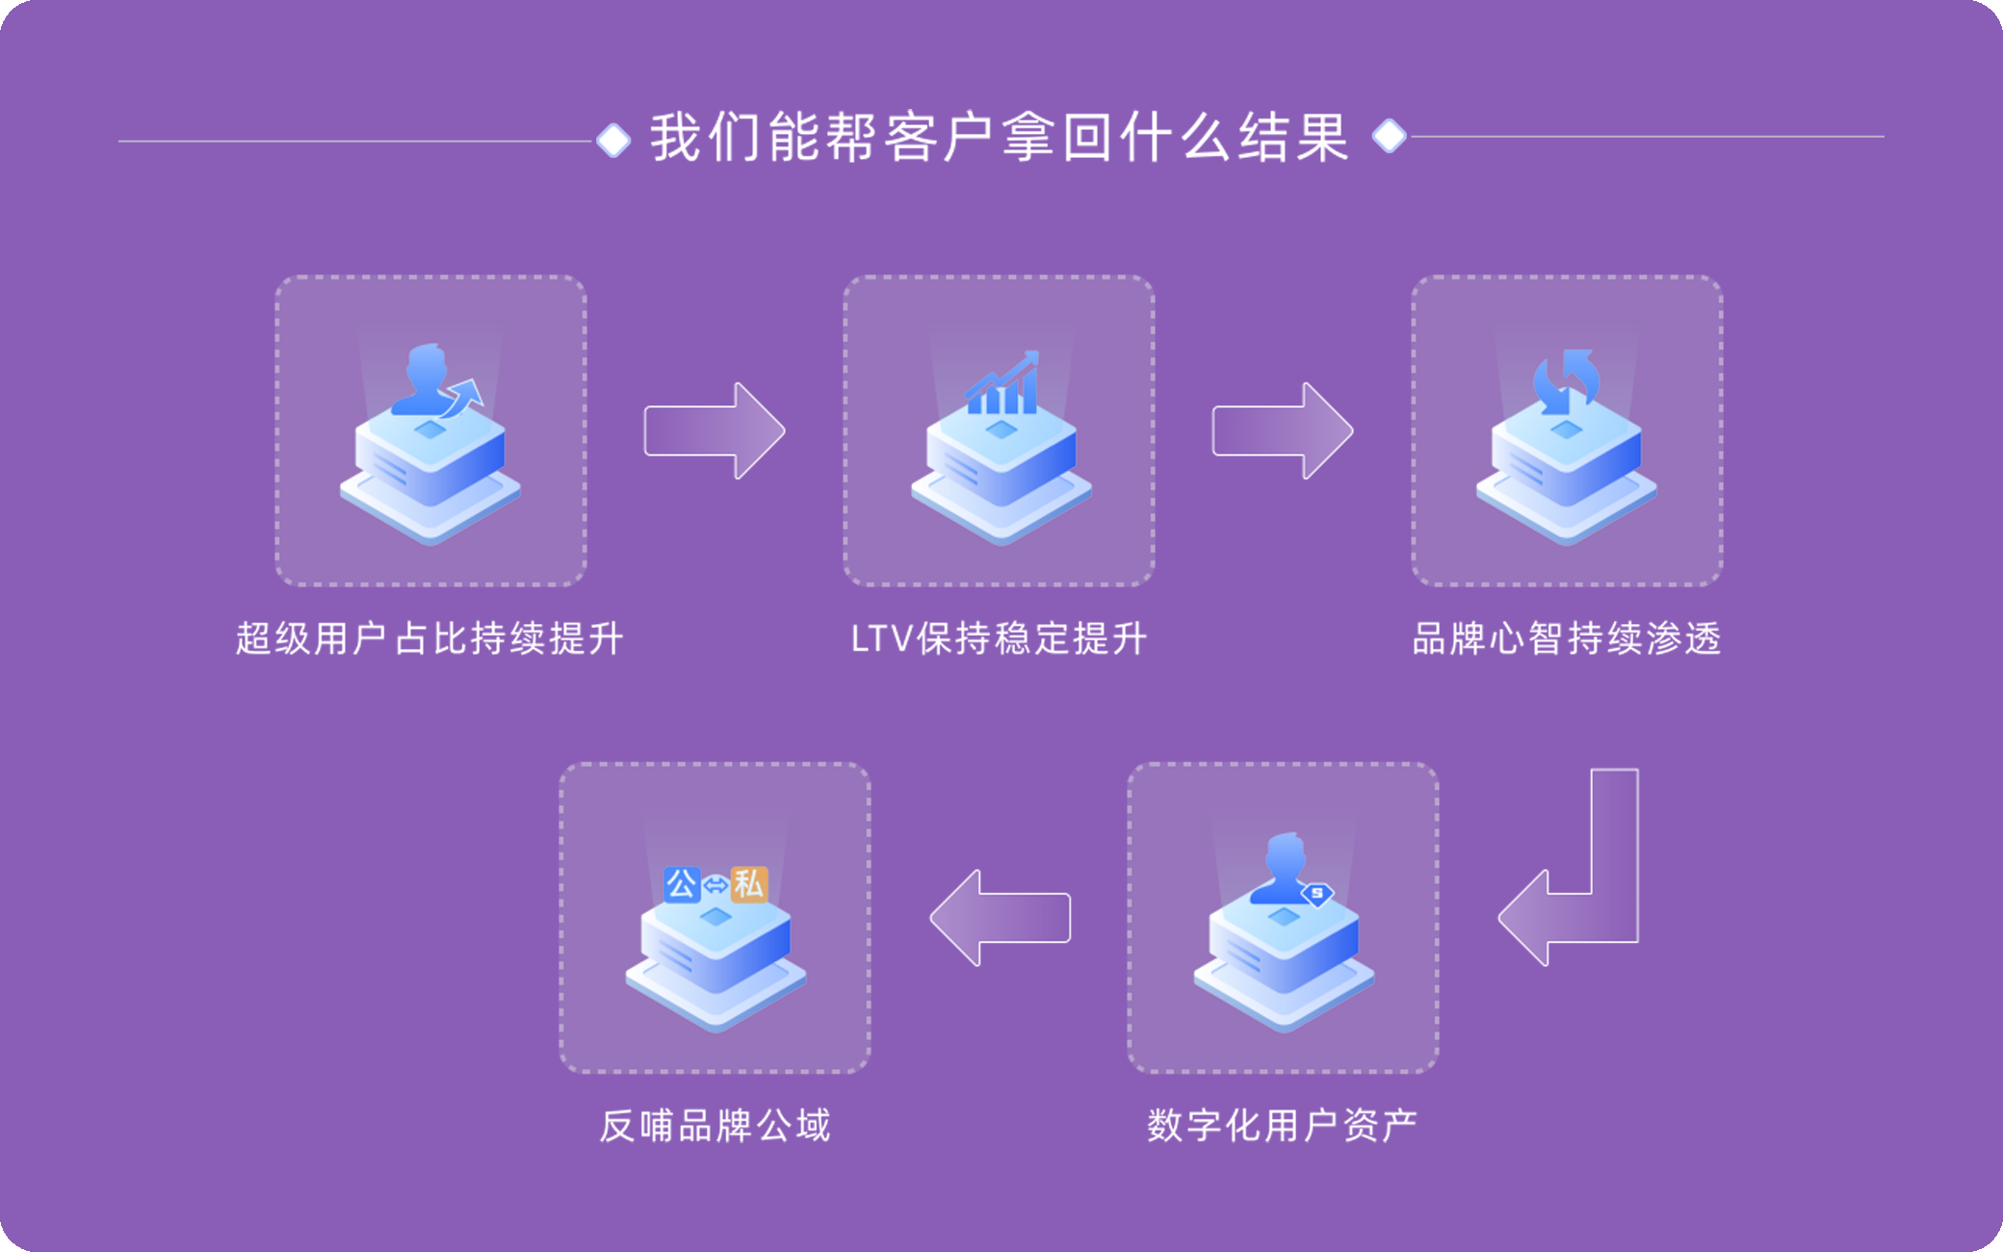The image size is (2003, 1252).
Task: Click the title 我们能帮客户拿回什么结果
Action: pyautogui.click(x=1000, y=138)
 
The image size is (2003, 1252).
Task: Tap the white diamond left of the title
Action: pyautogui.click(x=613, y=141)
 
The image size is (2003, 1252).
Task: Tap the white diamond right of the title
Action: pyautogui.click(x=1389, y=136)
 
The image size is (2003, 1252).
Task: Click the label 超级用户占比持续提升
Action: pyautogui.click(x=429, y=639)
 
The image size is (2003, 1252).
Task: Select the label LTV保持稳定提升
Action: pyautogui.click(x=999, y=639)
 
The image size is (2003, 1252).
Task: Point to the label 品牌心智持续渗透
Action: pyautogui.click(x=1567, y=639)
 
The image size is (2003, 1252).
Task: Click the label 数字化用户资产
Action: pyautogui.click(x=1282, y=1125)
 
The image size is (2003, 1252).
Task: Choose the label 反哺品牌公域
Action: pyautogui.click(x=715, y=1125)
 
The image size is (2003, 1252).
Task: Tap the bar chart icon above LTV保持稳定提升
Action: pyautogui.click(x=1002, y=384)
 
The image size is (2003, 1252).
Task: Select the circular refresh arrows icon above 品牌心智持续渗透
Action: pyautogui.click(x=1566, y=381)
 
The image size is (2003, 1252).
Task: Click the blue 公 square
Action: pyautogui.click(x=682, y=884)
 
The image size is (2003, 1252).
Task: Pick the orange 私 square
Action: pyautogui.click(x=749, y=884)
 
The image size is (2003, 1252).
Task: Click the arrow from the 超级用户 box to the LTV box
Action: pyautogui.click(x=714, y=430)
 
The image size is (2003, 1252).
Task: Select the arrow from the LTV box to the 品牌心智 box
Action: pyautogui.click(x=1282, y=430)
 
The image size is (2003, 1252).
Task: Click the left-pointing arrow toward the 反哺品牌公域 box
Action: pyautogui.click(x=1001, y=918)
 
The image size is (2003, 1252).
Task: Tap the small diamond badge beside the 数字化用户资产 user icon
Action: pyautogui.click(x=1316, y=895)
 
